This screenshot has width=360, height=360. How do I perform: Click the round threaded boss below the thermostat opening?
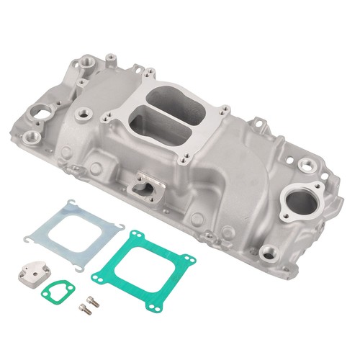click(269, 251)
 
